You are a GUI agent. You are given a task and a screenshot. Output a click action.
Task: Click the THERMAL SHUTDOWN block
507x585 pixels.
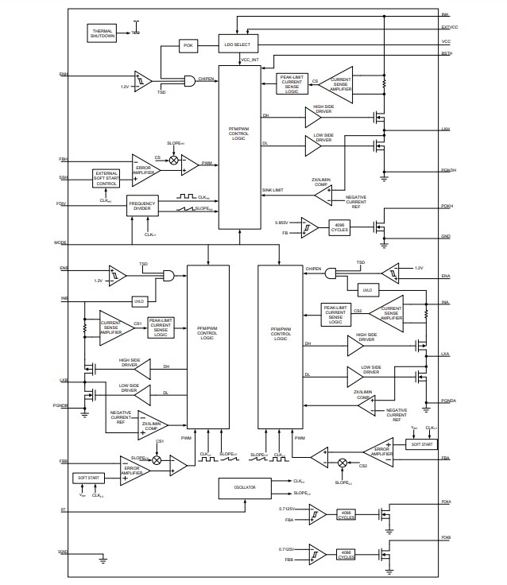pyautogui.click(x=102, y=32)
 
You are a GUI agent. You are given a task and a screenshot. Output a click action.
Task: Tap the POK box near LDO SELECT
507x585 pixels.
pyautogui.click(x=188, y=45)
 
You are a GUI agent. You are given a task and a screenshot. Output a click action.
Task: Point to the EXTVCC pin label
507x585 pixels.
pyautogui.click(x=449, y=27)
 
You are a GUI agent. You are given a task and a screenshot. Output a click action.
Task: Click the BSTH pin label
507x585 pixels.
pyautogui.click(x=446, y=53)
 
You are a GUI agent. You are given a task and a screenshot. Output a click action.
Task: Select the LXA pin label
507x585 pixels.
pyautogui.click(x=445, y=354)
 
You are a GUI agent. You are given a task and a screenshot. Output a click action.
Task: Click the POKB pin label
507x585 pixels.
pyautogui.click(x=446, y=538)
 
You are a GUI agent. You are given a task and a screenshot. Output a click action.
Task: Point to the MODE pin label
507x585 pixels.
pyautogui.click(x=61, y=242)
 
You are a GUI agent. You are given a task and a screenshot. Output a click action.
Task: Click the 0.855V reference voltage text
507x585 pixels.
pyautogui.click(x=284, y=221)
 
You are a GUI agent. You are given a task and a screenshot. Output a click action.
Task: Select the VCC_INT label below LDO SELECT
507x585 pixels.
pyautogui.click(x=250, y=60)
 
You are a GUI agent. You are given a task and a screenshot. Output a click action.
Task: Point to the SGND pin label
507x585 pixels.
pyautogui.click(x=63, y=551)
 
